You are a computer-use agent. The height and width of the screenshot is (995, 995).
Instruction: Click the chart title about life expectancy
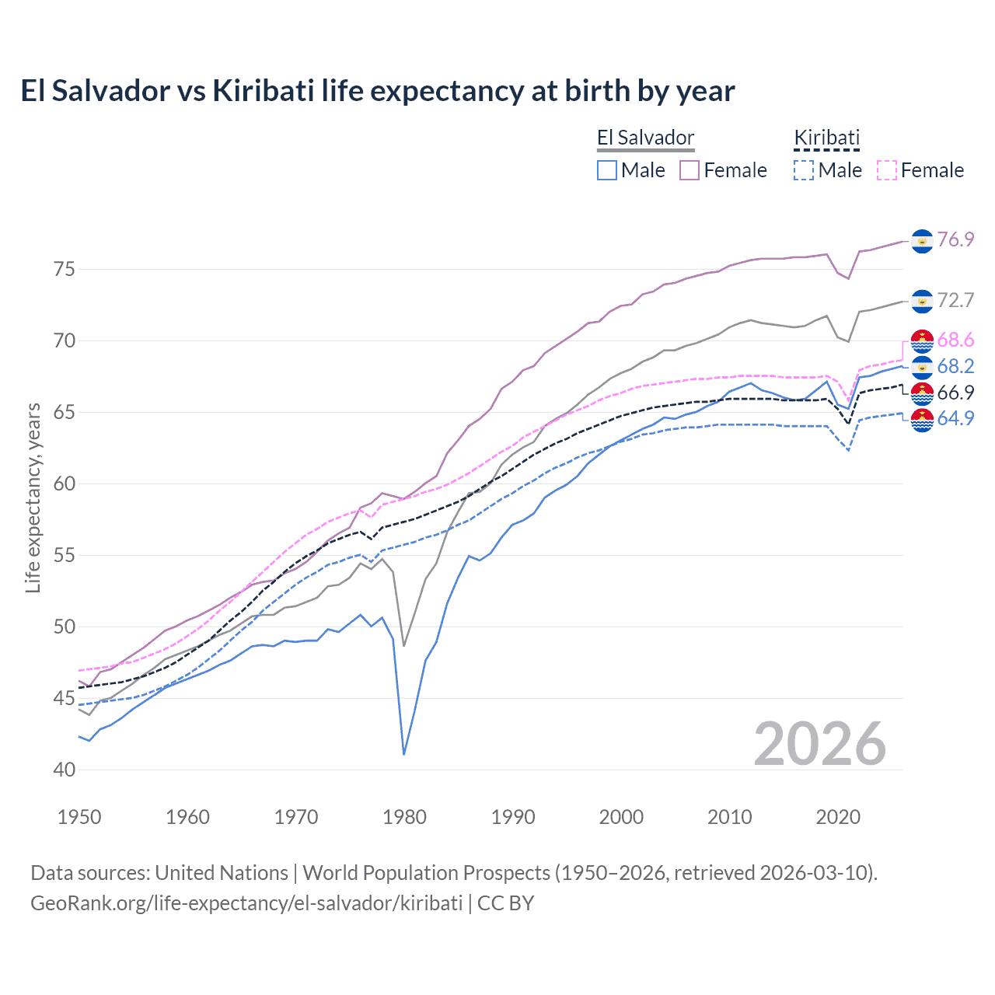pos(378,91)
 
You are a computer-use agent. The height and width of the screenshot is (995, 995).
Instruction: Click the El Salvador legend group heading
pos(645,138)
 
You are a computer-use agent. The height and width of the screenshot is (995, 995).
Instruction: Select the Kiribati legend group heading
pos(826,138)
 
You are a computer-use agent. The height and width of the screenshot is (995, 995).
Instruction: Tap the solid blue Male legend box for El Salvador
pos(607,170)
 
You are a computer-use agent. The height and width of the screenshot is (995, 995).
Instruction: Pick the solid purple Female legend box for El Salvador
pos(690,170)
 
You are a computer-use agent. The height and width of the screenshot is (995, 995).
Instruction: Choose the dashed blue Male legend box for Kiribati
pos(804,170)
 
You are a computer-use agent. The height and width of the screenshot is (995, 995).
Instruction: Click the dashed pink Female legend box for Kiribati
pos(887,170)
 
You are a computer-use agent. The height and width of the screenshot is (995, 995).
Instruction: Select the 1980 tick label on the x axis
pos(404,817)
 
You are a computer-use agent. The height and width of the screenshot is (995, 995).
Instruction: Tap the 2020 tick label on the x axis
pos(838,817)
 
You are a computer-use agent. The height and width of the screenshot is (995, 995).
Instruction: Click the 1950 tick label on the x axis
pos(79,817)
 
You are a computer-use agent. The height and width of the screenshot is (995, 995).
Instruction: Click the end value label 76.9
pos(955,239)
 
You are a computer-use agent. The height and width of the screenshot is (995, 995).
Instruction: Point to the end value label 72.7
pos(955,300)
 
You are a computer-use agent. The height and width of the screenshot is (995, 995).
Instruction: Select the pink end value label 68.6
pos(955,340)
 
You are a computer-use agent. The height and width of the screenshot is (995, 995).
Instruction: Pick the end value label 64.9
pos(955,418)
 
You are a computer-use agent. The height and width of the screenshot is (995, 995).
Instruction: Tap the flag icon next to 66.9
pos(922,393)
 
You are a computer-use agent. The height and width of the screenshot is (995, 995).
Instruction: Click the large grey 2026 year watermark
pos(819,744)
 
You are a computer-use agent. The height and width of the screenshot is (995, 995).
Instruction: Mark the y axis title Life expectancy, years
pos(33,497)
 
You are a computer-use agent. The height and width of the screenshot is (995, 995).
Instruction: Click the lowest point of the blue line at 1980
pos(404,754)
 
